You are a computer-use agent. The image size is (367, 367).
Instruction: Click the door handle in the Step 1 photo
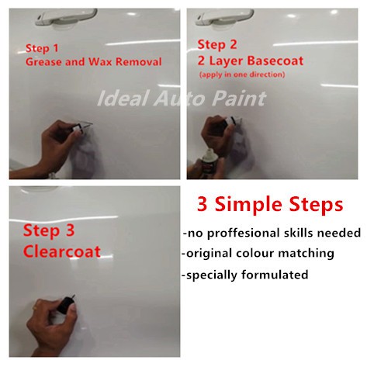[66, 18]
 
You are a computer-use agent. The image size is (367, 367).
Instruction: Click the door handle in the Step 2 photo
[224, 18]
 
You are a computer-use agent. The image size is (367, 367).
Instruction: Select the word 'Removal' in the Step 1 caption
[139, 62]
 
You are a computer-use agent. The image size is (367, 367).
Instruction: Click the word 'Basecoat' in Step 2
[275, 61]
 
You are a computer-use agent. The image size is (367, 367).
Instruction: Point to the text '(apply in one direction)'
[242, 74]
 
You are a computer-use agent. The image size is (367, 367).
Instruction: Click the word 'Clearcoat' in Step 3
[62, 251]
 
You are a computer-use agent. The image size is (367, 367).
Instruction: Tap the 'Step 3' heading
[49, 230]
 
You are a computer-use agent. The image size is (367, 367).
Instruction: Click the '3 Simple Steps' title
[270, 205]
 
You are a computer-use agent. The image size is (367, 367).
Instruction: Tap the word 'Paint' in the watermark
[239, 99]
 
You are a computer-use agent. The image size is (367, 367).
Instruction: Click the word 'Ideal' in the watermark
[123, 98]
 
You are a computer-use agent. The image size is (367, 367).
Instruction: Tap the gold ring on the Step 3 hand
[35, 308]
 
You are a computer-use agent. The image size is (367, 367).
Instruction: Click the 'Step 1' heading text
[42, 48]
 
